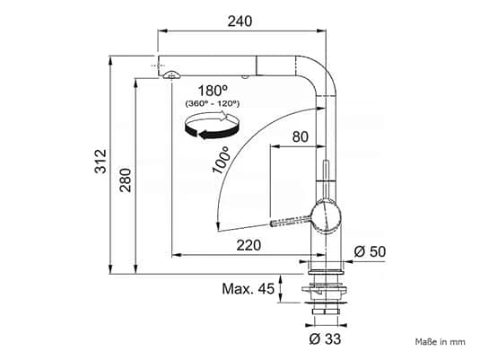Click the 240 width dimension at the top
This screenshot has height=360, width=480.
[x=240, y=22]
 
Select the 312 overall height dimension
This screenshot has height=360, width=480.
[x=100, y=162]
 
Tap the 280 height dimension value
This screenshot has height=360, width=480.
[x=126, y=180]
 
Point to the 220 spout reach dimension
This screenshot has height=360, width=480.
[x=249, y=245]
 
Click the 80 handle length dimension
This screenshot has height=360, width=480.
[x=300, y=136]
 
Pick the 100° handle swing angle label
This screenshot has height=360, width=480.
[x=222, y=160]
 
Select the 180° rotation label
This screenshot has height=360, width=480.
[x=213, y=91]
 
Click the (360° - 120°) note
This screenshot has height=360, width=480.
[x=213, y=103]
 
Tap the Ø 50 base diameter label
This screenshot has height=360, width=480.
[x=370, y=252]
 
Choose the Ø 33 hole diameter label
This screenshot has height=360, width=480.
[x=325, y=338]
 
